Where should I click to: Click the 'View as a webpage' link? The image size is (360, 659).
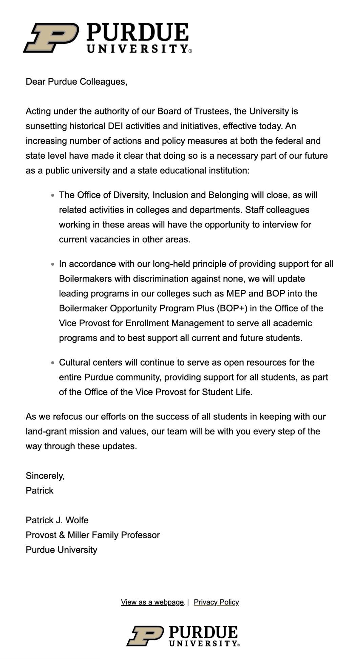point(152,602)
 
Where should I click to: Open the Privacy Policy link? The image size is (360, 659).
point(216,602)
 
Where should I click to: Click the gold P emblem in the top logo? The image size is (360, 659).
point(51,38)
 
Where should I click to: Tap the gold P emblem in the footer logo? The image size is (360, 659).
point(145,636)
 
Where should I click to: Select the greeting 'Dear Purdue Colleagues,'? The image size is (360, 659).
point(77,82)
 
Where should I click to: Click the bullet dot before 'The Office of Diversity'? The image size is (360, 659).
point(52,196)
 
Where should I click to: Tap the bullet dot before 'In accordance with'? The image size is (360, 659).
point(52,264)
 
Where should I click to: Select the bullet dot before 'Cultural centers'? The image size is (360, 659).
point(52,363)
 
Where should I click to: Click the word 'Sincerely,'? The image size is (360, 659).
point(45,476)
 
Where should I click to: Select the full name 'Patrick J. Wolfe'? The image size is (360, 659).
point(57,520)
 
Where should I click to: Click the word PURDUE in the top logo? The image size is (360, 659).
point(137,33)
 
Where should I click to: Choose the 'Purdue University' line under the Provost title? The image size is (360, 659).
point(61,550)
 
